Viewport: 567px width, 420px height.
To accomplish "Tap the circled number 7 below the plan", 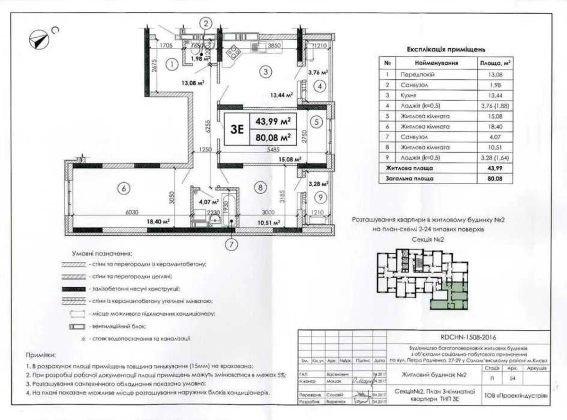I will (231, 244).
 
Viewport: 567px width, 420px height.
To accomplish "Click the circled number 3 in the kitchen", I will (266, 72).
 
